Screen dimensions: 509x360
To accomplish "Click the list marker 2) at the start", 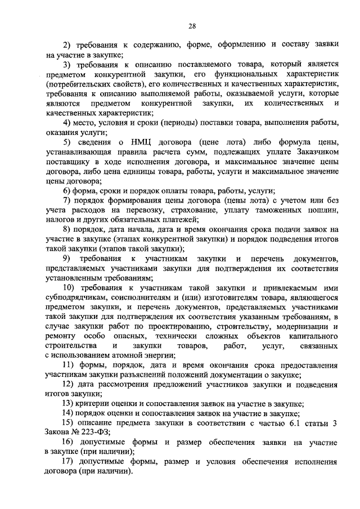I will [x=67, y=46].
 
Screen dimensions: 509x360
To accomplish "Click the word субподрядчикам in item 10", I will [x=75, y=298].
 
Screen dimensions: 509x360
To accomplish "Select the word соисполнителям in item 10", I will [x=148, y=298].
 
